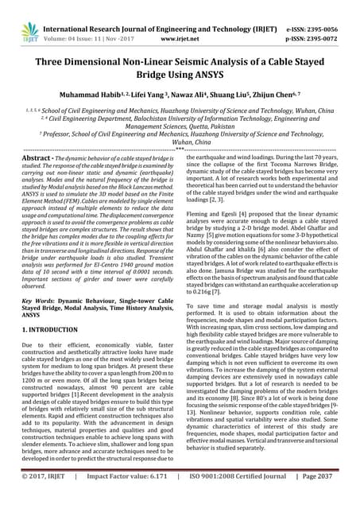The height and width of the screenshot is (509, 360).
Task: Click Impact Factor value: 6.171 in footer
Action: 133,498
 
